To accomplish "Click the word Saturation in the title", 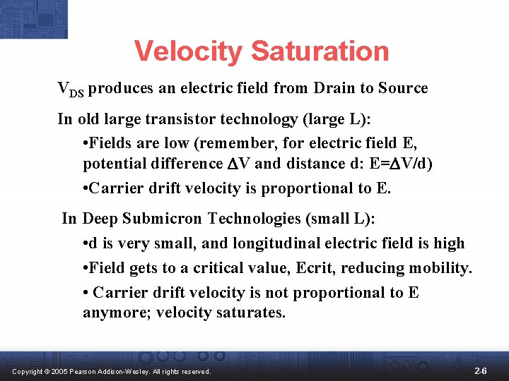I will click(320, 51).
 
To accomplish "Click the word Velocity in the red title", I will click(188, 51).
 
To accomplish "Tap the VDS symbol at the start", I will click(71, 90).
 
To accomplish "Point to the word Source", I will click(403, 88).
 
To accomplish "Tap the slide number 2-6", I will click(480, 370).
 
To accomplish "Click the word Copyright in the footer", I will click(25, 371).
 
